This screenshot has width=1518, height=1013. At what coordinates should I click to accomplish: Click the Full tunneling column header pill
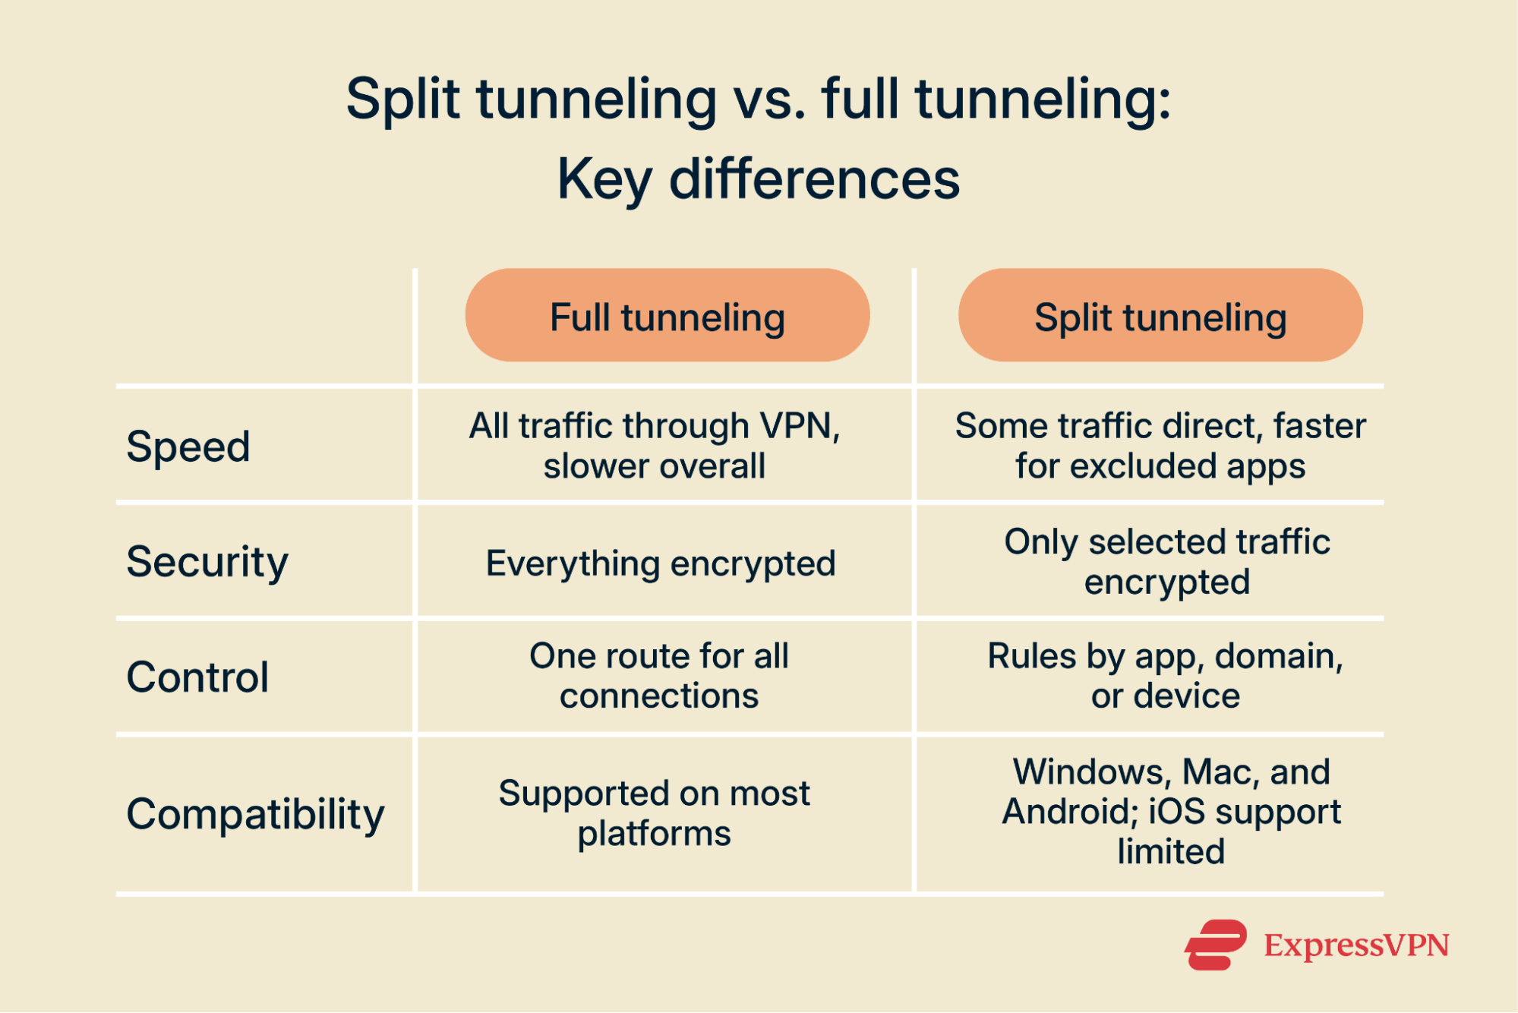pos(667,315)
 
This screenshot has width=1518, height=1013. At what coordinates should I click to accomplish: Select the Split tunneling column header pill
pos(1160,315)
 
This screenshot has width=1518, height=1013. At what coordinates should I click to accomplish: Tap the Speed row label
pos(188,446)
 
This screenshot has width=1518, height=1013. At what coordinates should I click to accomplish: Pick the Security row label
pos(207,562)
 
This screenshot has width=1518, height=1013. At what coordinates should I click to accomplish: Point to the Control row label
pos(197,677)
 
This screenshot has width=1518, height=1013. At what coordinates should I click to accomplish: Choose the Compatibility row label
pos(255,814)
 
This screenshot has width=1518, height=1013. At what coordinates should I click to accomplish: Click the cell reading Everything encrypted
pos(661,563)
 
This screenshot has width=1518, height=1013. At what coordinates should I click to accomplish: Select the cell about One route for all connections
pos(659,676)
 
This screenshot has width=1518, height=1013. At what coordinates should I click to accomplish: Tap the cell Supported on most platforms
pos(655,813)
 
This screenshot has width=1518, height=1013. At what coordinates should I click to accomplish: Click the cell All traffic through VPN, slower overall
pos(655,446)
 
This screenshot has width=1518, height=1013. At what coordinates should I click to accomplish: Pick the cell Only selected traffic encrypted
pos(1166,562)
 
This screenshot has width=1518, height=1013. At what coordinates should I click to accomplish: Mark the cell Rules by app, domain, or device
pos(1165,676)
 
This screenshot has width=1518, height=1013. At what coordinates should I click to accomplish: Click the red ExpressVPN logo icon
pos(1215,945)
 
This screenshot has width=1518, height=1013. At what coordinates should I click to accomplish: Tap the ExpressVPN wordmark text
pos(1356,945)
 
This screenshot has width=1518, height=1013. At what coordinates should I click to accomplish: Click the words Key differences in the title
pos(758,179)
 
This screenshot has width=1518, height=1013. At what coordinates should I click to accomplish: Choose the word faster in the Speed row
pos(1319,426)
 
